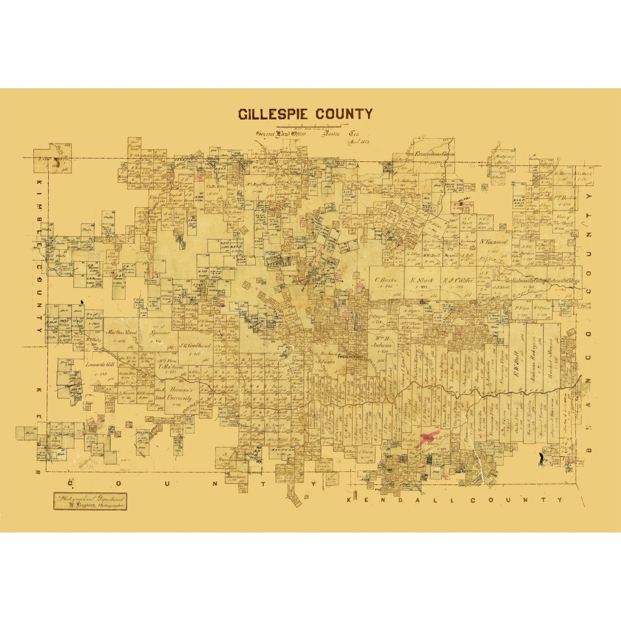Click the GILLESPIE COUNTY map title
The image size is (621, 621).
(305, 114)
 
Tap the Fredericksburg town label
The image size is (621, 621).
(352, 357)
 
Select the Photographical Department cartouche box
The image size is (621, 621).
(90, 501)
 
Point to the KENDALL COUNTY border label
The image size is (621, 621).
(454, 500)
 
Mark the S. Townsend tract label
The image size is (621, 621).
(494, 242)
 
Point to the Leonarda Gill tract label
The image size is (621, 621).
(100, 364)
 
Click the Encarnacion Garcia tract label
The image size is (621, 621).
(434, 153)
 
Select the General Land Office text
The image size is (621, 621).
(281, 134)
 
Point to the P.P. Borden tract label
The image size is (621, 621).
(564, 198)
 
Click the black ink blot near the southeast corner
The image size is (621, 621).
(541, 459)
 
